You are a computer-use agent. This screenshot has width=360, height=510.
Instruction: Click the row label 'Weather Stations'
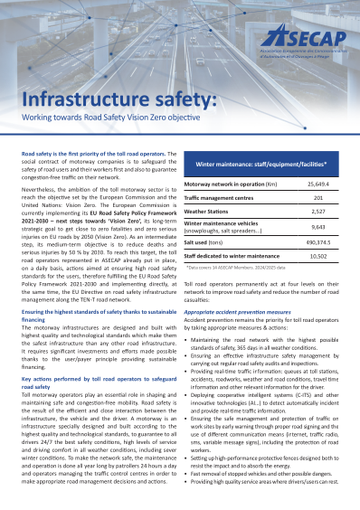point(209,185)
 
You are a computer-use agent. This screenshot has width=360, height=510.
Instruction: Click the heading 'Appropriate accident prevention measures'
point(238,287)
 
